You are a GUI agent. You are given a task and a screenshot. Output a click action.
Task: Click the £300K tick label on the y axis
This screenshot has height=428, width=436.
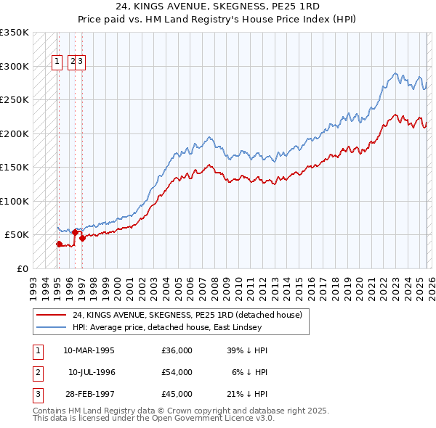click(15, 66)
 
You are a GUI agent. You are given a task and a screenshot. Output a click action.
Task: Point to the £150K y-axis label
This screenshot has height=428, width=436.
click(15, 167)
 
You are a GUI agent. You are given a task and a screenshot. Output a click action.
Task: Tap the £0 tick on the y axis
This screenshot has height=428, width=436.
click(23, 268)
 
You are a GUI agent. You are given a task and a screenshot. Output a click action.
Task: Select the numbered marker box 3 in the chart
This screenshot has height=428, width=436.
click(81, 62)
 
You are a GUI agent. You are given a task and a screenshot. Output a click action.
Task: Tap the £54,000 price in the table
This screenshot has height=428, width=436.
click(177, 372)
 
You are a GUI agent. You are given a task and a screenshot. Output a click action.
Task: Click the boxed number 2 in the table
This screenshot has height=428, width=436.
click(37, 372)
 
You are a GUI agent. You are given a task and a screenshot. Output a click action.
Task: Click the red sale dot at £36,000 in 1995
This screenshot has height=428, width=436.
click(60, 244)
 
